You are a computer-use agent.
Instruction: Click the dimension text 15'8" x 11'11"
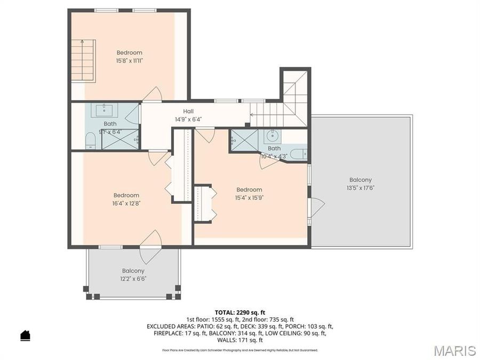pyautogui.click(x=129, y=61)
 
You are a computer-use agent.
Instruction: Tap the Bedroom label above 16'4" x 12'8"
pyautogui.click(x=126, y=195)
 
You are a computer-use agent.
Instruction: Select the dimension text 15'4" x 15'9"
pyautogui.click(x=250, y=197)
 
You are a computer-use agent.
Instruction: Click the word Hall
pyautogui.click(x=188, y=111)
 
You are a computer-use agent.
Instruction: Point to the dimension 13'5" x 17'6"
pyautogui.click(x=361, y=188)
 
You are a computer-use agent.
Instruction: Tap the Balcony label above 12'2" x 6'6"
pyautogui.click(x=133, y=270)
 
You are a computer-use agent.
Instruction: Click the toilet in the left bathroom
pyautogui.click(x=91, y=140)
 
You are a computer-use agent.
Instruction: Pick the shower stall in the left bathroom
pyautogui.click(x=121, y=139)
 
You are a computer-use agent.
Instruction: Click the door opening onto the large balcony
pyautogui.click(x=316, y=207)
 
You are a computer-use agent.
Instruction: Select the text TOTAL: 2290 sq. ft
pyautogui.click(x=240, y=313)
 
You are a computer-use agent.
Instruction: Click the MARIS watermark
pyautogui.click(x=454, y=350)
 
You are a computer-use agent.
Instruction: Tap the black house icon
pyautogui.click(x=25, y=335)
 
